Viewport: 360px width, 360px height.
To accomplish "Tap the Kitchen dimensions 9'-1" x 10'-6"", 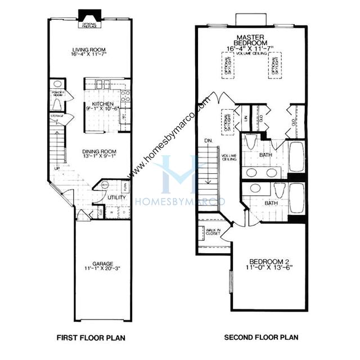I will pyautogui.click(x=102, y=111).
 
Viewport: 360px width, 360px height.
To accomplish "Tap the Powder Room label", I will pyautogui.click(x=58, y=93).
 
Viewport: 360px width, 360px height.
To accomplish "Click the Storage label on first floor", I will pyautogui.click(x=57, y=116).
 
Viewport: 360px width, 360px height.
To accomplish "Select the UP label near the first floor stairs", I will pyautogui.click(x=56, y=168).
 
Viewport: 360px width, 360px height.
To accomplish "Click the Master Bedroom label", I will pyautogui.click(x=251, y=39).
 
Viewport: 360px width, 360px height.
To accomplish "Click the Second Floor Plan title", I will pyautogui.click(x=262, y=338).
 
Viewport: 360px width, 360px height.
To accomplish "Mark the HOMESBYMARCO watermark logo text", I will pyautogui.click(x=180, y=201).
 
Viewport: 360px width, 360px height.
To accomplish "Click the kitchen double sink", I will pyautogui.click(x=102, y=84).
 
